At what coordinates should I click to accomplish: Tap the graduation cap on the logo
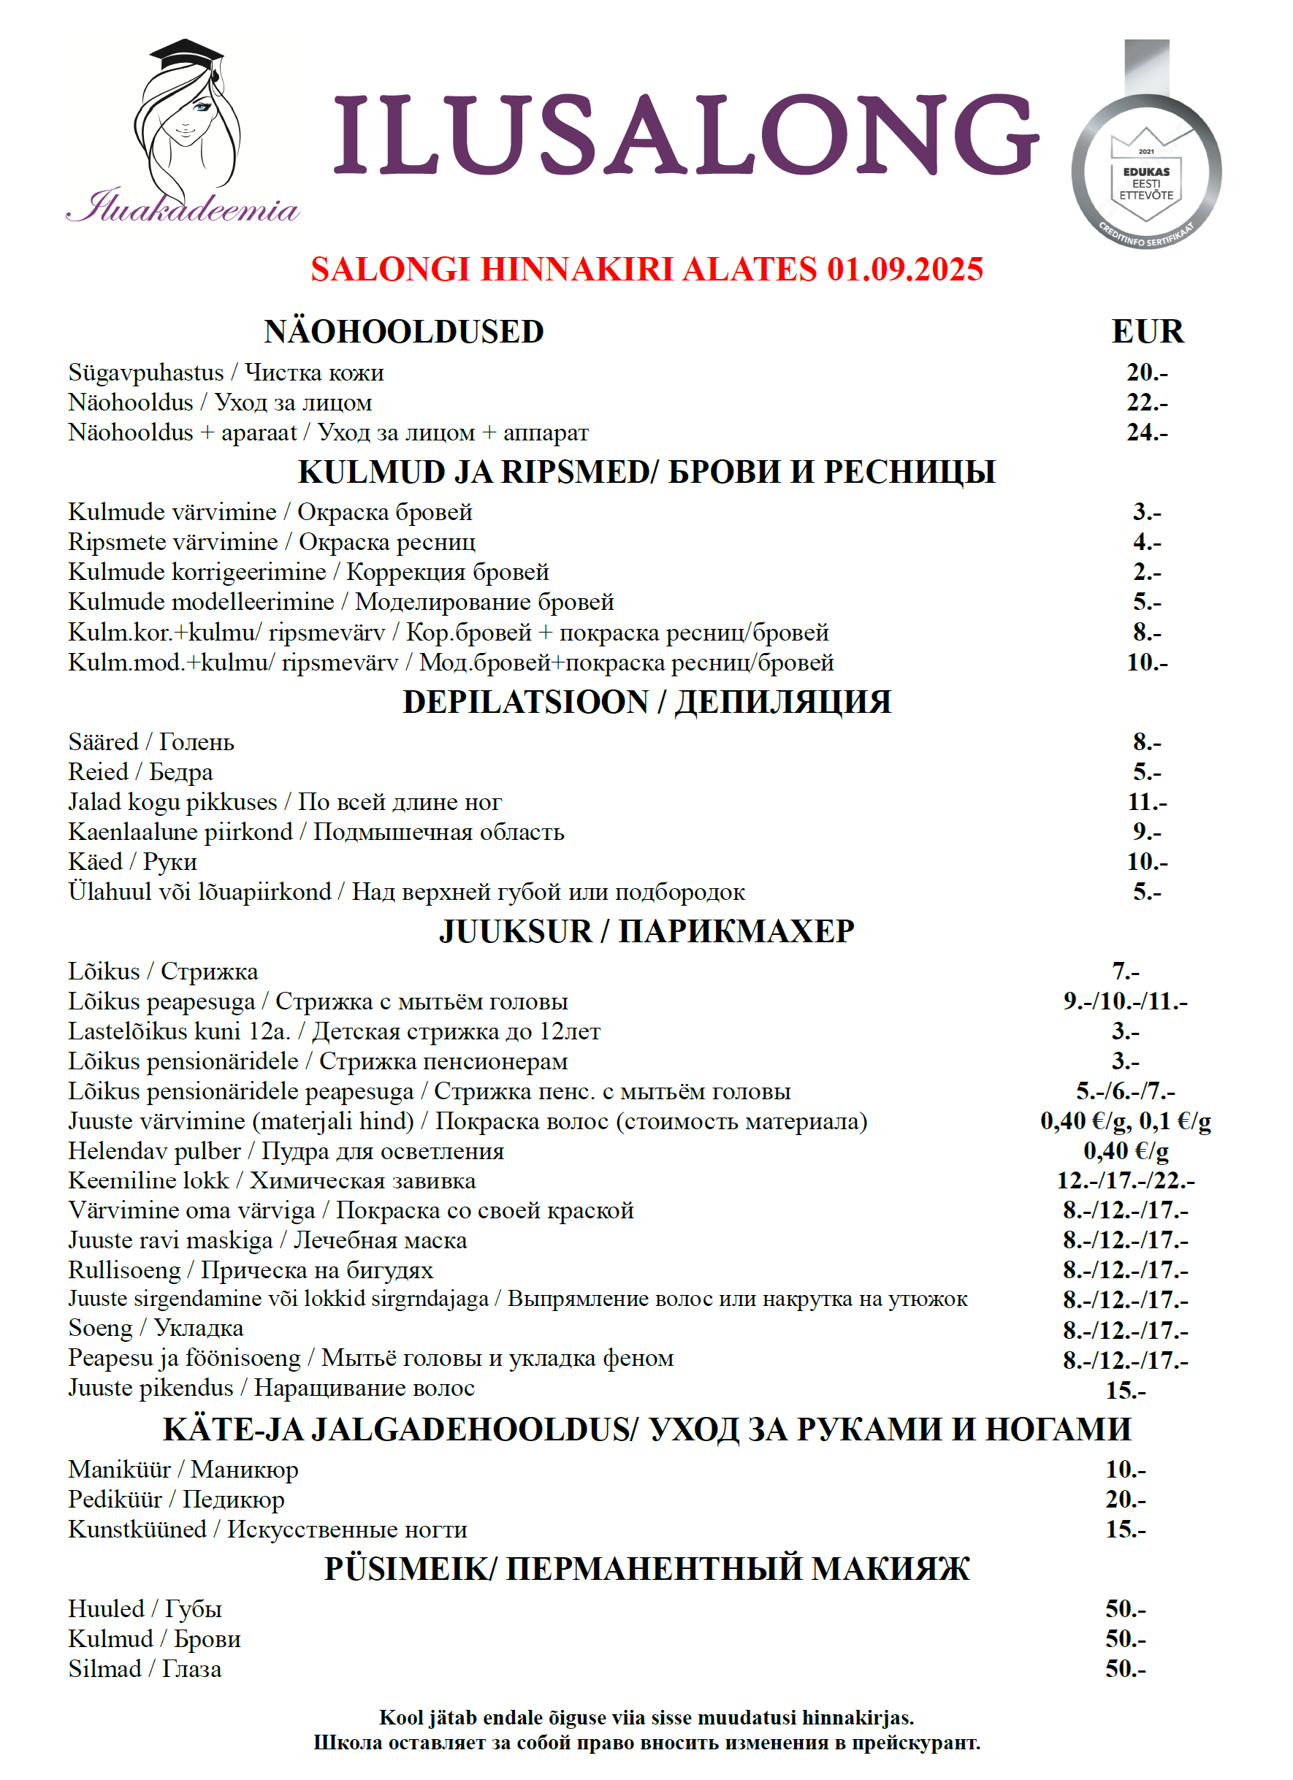pyautogui.click(x=187, y=57)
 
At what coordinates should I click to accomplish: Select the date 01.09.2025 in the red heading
pyautogui.click(x=904, y=270)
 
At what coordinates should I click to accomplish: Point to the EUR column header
pyautogui.click(x=1147, y=332)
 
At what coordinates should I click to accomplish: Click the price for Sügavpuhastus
pyautogui.click(x=1147, y=372)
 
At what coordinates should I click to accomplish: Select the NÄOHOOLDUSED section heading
pyautogui.click(x=403, y=332)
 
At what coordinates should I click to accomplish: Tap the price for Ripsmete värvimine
pyautogui.click(x=1147, y=541)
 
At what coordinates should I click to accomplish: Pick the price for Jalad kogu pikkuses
pyautogui.click(x=1147, y=801)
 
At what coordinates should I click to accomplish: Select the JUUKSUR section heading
pyautogui.click(x=514, y=931)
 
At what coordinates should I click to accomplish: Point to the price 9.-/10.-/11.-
pyautogui.click(x=1125, y=1001)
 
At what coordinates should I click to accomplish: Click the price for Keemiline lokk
pyautogui.click(x=1125, y=1180)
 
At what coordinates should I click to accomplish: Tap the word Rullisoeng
pyautogui.click(x=124, y=1270)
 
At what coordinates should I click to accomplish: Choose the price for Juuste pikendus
pyautogui.click(x=1125, y=1391)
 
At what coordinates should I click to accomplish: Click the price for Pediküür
pyautogui.click(x=1125, y=1499)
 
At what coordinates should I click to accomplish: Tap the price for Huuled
pyautogui.click(x=1125, y=1609)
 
